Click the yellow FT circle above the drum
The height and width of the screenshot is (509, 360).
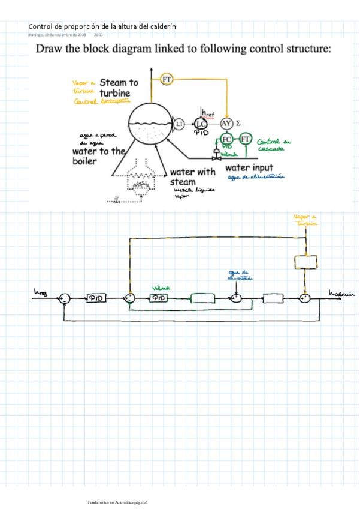(167, 79)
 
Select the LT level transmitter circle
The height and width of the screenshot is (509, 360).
(179, 124)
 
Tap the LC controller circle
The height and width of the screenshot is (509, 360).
(201, 124)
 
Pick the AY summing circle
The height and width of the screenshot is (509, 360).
(226, 123)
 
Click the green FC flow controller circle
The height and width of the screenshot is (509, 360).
(227, 140)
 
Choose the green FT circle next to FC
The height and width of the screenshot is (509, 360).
(245, 140)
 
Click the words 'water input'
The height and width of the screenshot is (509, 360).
(249, 167)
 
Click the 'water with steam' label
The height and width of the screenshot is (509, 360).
(192, 177)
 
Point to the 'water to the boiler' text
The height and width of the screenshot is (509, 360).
(98, 156)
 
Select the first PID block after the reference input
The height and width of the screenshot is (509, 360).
(95, 298)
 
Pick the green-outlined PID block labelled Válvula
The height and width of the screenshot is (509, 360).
(159, 298)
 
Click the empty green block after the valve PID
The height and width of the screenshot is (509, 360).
(202, 298)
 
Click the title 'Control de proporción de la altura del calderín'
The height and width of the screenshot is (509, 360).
(102, 26)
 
